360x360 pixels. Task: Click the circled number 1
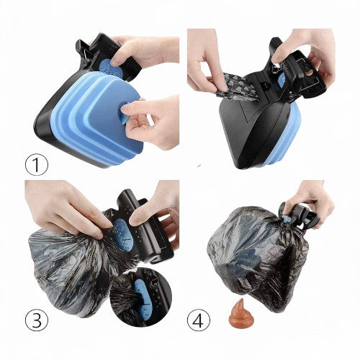[37, 164]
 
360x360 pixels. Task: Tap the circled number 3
[37, 320]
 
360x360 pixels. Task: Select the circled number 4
[199, 320]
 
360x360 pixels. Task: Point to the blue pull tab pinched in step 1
[127, 113]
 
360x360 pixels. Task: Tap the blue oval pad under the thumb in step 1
[106, 66]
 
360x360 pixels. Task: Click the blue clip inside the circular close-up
[142, 300]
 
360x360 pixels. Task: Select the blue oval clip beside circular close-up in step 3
[124, 235]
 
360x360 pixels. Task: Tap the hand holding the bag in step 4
[310, 199]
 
